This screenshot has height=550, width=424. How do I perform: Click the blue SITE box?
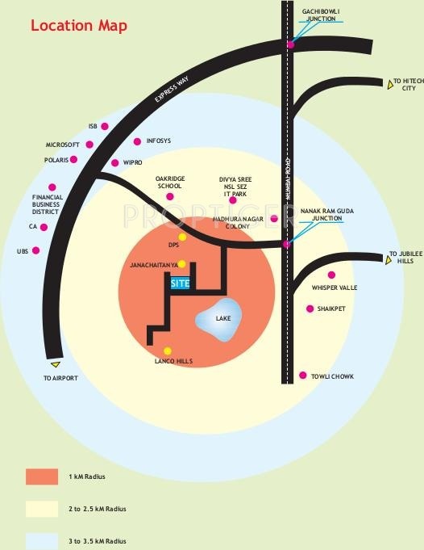[180, 283]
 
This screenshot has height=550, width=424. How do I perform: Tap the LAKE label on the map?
[223, 318]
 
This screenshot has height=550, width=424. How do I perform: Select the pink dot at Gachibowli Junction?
[291, 44]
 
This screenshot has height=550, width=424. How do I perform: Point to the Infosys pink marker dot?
[137, 141]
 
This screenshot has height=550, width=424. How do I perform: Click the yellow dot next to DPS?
[182, 237]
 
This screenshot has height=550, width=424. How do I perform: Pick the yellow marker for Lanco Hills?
[168, 351]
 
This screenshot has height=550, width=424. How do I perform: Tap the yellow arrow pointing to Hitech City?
[390, 85]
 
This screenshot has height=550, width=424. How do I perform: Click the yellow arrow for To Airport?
[56, 364]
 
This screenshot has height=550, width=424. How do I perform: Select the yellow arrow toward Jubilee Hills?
[388, 260]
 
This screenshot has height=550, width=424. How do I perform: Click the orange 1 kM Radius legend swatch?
[42, 477]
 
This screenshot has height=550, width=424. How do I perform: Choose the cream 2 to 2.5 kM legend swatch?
[42, 509]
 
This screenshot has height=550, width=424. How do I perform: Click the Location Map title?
[79, 26]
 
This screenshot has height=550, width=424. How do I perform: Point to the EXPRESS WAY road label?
[172, 89]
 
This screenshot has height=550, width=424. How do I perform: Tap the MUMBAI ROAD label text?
[288, 179]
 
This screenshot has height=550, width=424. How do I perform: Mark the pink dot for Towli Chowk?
[303, 376]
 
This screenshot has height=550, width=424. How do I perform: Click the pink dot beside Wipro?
[114, 163]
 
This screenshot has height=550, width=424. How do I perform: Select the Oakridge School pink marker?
[170, 196]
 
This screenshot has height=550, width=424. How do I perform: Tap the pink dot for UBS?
[35, 250]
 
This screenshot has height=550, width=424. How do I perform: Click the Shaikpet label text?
[331, 309]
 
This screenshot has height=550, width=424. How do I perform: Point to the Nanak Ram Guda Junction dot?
[286, 244]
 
